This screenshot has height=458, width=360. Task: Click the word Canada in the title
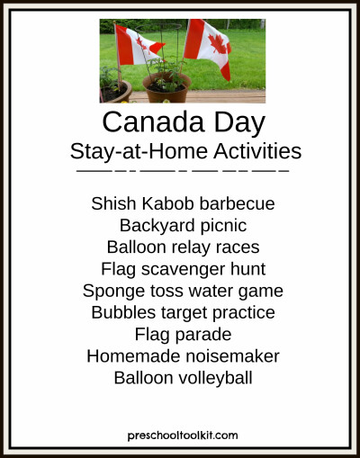tap(154, 122)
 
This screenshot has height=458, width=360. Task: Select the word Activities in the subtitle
tap(257, 151)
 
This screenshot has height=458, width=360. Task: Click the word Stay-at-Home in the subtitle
tap(139, 152)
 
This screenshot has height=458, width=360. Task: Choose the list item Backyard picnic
tap(183, 226)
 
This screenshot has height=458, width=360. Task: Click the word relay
tap(190, 247)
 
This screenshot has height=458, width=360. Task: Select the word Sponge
tap(113, 292)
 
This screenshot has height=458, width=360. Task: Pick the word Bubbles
tap(123, 312)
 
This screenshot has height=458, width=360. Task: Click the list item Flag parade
tap(183, 335)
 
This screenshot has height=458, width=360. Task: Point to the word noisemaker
tap(232, 356)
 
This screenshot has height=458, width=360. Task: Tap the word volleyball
tap(215, 379)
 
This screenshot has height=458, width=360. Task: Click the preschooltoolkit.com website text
tap(183, 436)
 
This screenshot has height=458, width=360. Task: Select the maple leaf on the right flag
tap(218, 44)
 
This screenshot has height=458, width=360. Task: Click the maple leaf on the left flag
tap(142, 44)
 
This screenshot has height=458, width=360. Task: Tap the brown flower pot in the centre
tap(166, 88)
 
